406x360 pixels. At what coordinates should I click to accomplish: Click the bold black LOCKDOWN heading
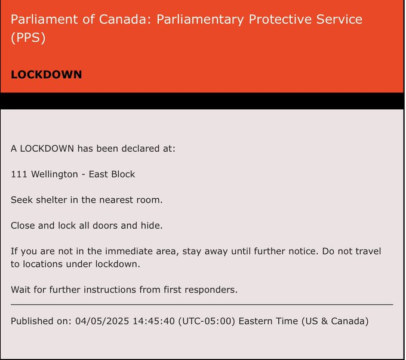point(47,75)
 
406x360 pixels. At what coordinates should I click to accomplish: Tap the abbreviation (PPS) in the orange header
point(28,38)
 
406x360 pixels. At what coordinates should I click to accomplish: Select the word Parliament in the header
point(44,19)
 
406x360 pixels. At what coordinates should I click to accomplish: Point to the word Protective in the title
point(279,20)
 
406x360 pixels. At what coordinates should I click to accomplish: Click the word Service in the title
point(339,19)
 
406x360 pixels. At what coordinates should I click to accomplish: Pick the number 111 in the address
point(19,174)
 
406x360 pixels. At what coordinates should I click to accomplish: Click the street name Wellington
point(54,175)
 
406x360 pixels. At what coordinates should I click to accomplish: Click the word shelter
point(51,199)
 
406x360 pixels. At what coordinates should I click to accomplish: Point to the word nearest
point(116,200)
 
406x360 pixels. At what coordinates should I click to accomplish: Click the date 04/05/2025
point(102,321)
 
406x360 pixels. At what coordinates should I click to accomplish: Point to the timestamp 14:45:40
point(154,321)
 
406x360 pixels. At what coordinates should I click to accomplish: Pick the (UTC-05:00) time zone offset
point(207,321)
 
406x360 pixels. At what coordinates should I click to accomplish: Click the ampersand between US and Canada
point(324,321)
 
